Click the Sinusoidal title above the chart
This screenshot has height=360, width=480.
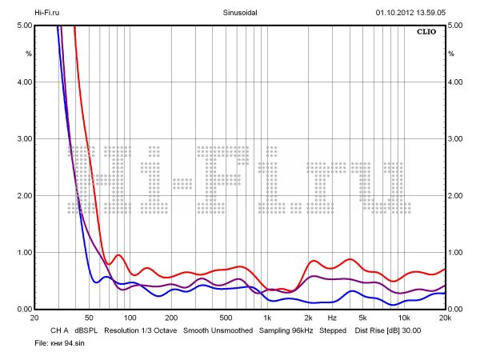[239, 13]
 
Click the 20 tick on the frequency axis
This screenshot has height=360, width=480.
[34, 318]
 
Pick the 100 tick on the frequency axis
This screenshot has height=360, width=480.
[130, 318]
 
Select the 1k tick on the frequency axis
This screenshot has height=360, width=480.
[267, 318]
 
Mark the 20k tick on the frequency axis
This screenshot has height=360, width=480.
[445, 318]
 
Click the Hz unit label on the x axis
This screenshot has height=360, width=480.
[331, 318]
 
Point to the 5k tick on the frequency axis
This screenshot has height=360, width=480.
[362, 318]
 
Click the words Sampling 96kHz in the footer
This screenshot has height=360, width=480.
[286, 330]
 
